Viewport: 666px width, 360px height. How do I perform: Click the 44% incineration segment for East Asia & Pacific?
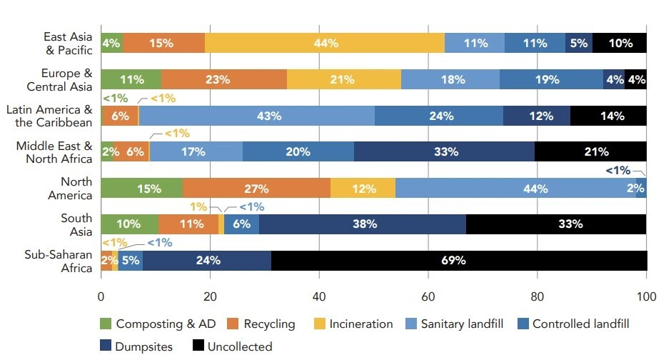325,43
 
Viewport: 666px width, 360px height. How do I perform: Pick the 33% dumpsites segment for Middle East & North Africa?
444,151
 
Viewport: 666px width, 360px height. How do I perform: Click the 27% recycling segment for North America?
256,189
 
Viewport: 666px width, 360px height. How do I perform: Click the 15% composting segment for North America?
141,189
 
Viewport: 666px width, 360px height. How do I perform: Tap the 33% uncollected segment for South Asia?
556,224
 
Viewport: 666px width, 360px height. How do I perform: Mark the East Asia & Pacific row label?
67,43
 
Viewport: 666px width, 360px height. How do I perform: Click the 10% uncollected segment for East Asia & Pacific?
620,43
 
